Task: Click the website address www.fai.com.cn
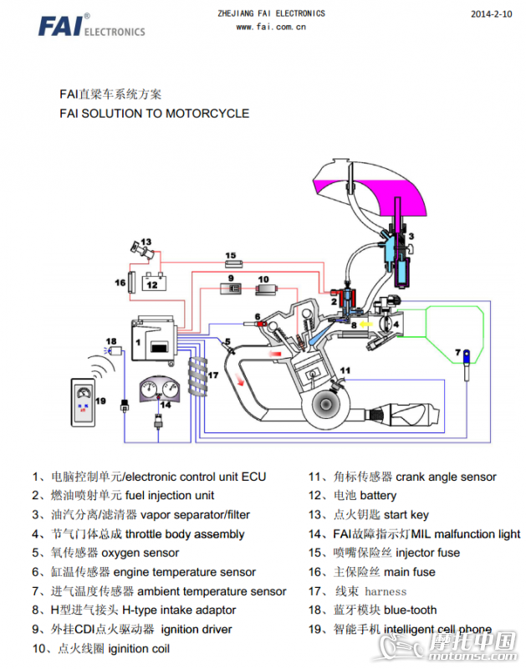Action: pyautogui.click(x=270, y=26)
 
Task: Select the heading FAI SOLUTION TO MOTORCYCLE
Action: pyautogui.click(x=155, y=113)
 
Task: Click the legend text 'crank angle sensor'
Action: pyautogui.click(x=446, y=477)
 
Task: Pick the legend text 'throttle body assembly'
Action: pyautogui.click(x=184, y=534)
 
